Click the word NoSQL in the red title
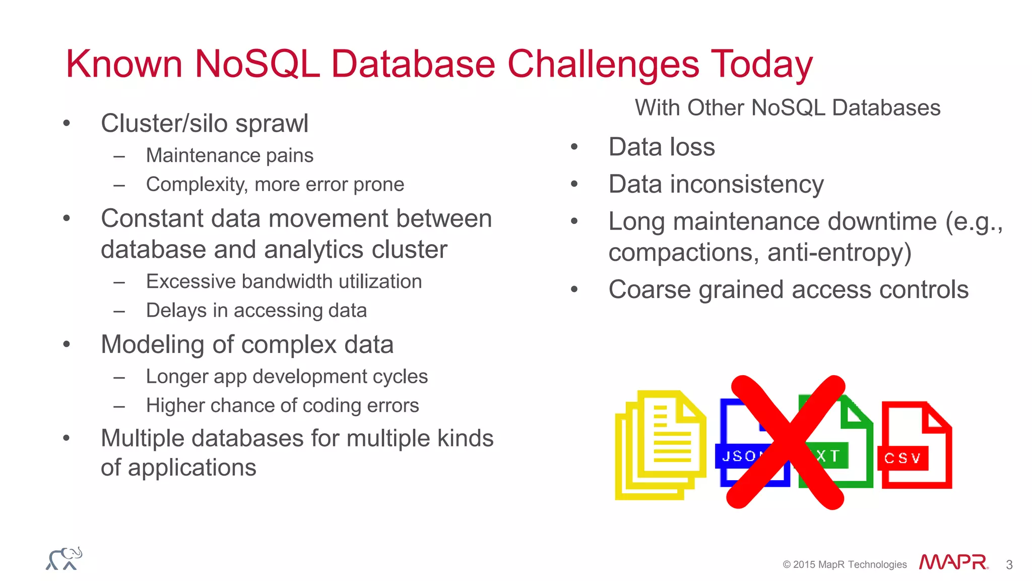tap(257, 64)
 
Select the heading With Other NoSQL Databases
tap(787, 108)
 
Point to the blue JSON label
tap(739, 456)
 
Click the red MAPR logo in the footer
tap(952, 562)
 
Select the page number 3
tap(1009, 565)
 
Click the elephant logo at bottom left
tap(64, 559)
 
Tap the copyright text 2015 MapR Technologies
tap(845, 565)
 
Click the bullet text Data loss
tap(661, 147)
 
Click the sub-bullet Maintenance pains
tap(229, 156)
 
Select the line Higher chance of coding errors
tap(282, 406)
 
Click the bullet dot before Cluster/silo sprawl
tap(67, 124)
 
